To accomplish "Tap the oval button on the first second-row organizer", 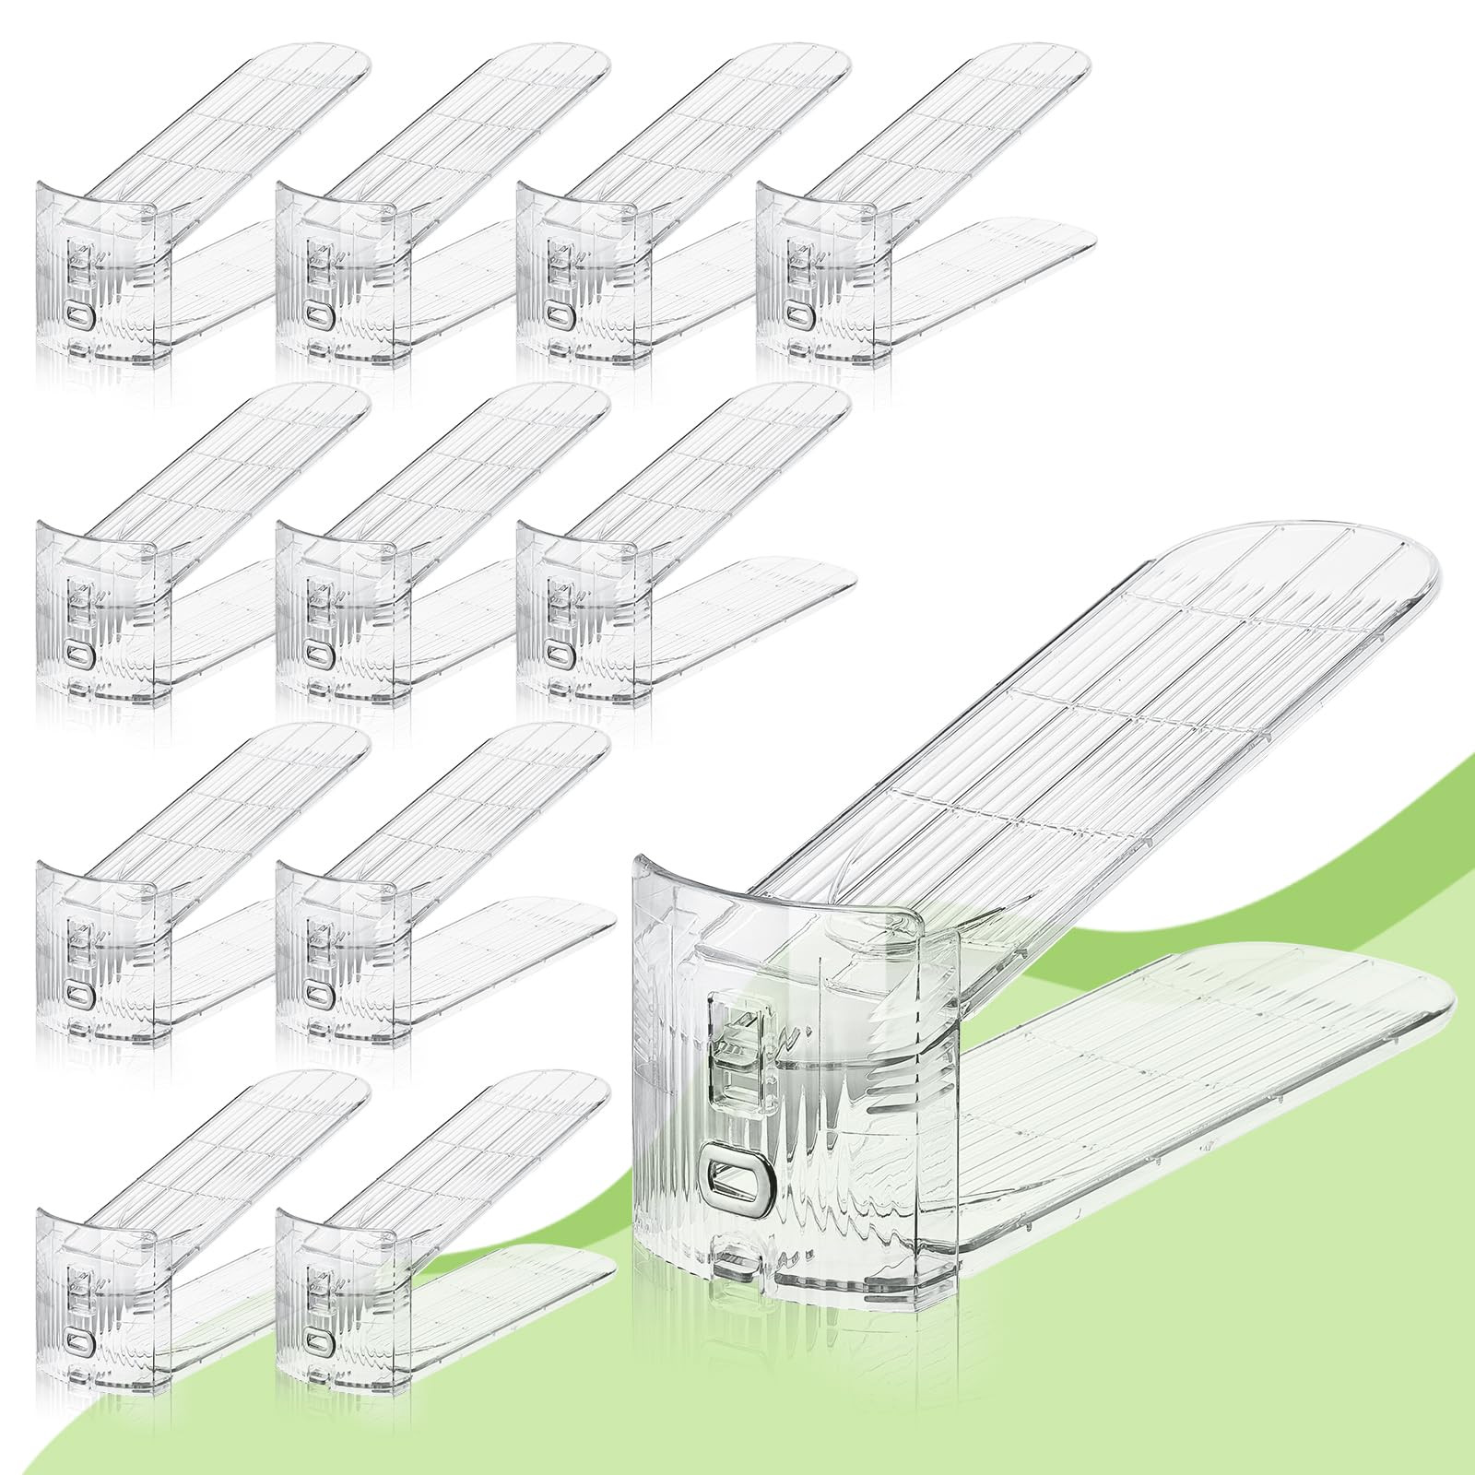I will (79, 656).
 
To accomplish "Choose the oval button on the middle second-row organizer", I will (319, 656).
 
